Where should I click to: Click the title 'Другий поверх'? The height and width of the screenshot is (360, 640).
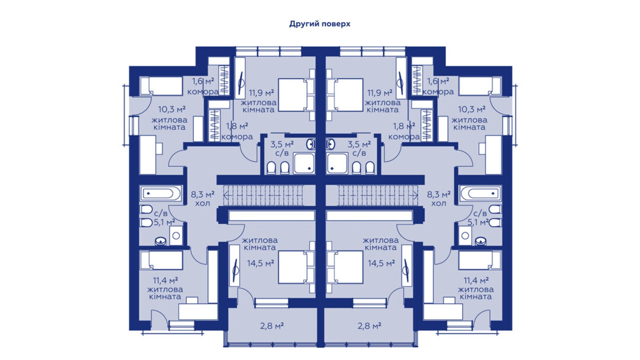(x=320, y=24)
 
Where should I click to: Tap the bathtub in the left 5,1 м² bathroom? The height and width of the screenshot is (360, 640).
(x=160, y=193)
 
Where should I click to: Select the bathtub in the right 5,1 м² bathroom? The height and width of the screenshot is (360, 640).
(x=481, y=193)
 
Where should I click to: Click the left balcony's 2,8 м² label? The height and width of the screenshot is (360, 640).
(x=272, y=326)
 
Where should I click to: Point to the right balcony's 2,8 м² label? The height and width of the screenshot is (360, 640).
(x=369, y=326)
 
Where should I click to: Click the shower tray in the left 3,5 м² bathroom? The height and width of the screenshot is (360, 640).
(x=304, y=163)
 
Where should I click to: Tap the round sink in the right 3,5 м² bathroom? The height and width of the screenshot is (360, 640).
(x=331, y=144)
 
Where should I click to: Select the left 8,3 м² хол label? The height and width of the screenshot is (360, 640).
(x=202, y=198)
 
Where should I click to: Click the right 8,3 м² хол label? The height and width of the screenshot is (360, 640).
(x=438, y=198)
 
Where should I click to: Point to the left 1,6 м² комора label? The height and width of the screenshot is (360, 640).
(x=203, y=86)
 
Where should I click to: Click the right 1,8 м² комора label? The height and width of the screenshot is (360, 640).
(x=404, y=131)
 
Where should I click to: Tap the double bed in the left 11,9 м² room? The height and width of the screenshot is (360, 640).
(x=293, y=95)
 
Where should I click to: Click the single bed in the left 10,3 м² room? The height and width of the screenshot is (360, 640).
(x=161, y=86)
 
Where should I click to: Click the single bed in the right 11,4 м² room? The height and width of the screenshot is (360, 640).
(x=479, y=260)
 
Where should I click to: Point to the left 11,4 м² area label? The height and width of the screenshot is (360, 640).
(x=165, y=280)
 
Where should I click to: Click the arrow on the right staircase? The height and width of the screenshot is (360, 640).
(x=415, y=196)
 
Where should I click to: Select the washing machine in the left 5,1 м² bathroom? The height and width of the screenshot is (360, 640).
(x=176, y=236)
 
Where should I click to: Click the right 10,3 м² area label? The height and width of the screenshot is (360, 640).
(x=471, y=109)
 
